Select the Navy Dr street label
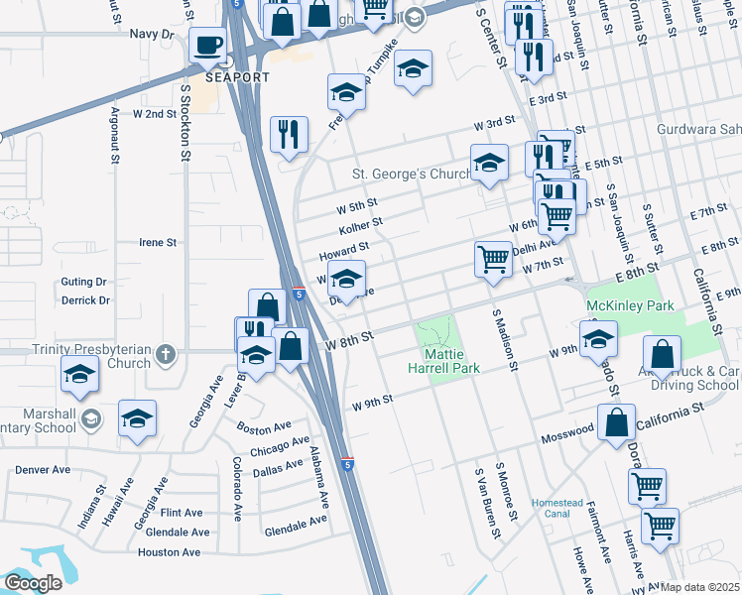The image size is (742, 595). [152, 34]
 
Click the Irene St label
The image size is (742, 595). [157, 242]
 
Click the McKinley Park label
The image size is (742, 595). [630, 305]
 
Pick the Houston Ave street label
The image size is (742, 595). [175, 552]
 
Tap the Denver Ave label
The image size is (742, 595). [43, 468]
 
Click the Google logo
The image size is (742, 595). [33, 583]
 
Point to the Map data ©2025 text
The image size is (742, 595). [699, 587]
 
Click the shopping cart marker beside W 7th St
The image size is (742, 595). [493, 259]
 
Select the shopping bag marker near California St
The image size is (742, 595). [617, 421]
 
